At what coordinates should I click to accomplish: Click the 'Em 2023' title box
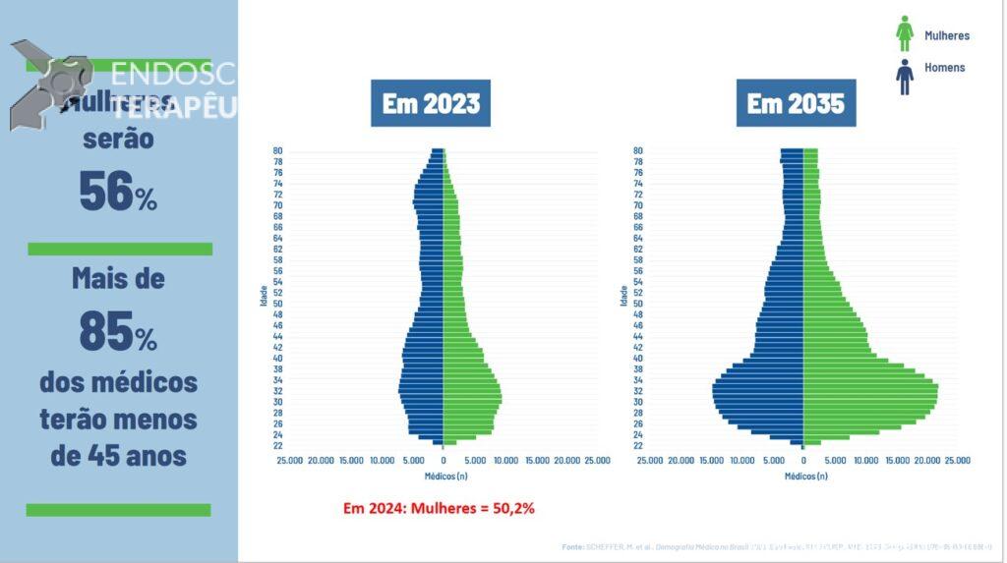(x=431, y=103)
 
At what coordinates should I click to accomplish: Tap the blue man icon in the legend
(x=905, y=76)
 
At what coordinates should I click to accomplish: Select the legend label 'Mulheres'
(x=947, y=36)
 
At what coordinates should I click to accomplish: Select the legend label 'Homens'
(x=944, y=68)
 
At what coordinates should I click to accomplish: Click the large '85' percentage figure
(x=106, y=332)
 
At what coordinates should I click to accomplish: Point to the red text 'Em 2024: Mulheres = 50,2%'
(x=439, y=508)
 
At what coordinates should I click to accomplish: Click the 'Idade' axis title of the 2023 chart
(x=265, y=295)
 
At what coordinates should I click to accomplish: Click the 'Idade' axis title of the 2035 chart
(x=624, y=295)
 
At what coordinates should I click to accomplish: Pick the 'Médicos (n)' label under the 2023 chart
(x=446, y=477)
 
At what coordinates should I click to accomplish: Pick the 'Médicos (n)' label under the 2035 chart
(x=806, y=477)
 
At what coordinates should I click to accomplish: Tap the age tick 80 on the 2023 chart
(x=278, y=150)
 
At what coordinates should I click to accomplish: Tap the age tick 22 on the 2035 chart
(x=638, y=446)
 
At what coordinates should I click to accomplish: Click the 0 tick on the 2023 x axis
(x=444, y=460)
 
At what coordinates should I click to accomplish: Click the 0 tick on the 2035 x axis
(x=803, y=460)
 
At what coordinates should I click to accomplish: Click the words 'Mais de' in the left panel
(x=118, y=279)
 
